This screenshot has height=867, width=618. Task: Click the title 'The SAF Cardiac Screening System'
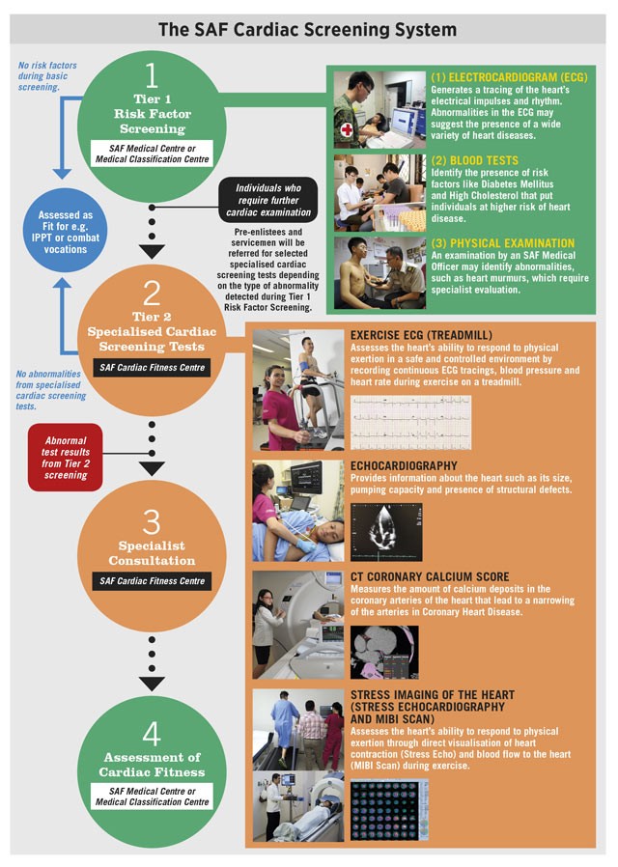(308, 29)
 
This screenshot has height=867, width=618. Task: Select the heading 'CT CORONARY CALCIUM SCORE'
(430, 577)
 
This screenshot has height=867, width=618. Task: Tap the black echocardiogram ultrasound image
(385, 532)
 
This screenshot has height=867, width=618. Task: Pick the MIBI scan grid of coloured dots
(388, 811)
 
